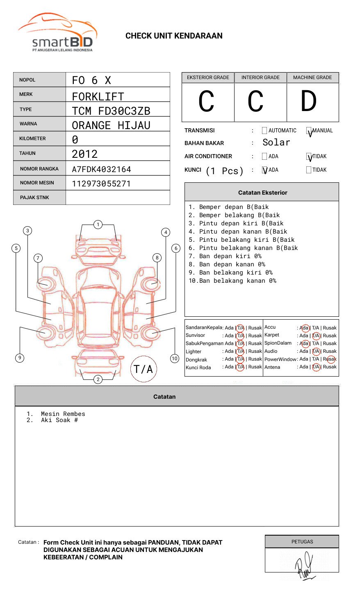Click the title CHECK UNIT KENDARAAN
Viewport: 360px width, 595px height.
pos(174,36)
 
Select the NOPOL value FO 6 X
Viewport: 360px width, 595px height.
pos(91,80)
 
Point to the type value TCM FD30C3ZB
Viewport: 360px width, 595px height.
pos(111,111)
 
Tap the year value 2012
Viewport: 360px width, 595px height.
pos(84,154)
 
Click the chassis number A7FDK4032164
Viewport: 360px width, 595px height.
pos(101,169)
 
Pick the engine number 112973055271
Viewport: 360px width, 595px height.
pos(101,184)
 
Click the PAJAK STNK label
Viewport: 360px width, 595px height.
pos(34,198)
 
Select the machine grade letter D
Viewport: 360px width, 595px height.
pos(308,102)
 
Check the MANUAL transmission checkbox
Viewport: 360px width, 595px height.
pos(309,131)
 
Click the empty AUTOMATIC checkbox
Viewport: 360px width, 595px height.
pos(264,131)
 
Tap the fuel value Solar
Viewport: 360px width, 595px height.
pos(276,143)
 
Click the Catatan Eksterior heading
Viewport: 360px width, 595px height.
pos(262,193)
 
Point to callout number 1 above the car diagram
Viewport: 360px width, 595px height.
pos(98,225)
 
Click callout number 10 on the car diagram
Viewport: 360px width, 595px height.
pos(175,359)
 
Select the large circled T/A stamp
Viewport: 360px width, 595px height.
pos(144,369)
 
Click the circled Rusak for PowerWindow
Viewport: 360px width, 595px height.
pos(330,359)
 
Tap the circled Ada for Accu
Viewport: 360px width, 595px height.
pos(305,328)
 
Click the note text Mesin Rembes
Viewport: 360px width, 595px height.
pos(63,414)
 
